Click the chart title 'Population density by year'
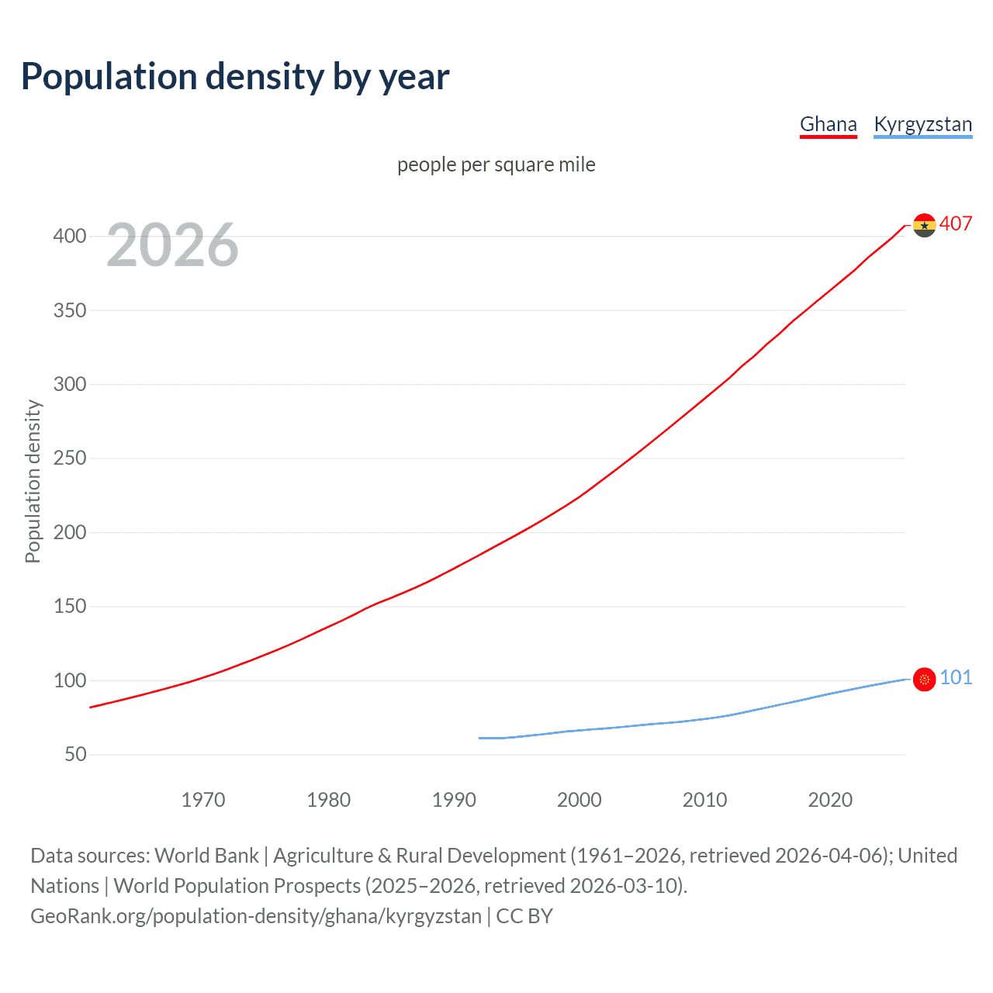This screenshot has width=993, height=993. click(235, 77)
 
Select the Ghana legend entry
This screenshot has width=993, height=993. click(828, 124)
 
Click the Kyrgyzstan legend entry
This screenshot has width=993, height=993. click(922, 124)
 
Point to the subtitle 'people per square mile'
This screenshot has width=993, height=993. click(496, 164)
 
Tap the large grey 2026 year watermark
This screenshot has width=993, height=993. click(172, 245)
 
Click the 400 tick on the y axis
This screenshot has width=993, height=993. click(70, 236)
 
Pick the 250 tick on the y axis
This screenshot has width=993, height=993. click(70, 458)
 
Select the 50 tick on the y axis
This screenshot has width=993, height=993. click(75, 754)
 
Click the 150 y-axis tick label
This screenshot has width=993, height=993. click(70, 606)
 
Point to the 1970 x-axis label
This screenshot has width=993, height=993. click(203, 800)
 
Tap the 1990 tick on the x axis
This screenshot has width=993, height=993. click(454, 800)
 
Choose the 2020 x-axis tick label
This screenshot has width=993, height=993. click(830, 800)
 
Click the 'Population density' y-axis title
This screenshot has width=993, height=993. click(33, 481)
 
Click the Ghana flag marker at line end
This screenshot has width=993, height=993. click(924, 225)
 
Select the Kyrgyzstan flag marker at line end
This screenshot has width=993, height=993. click(924, 680)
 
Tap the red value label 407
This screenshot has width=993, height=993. click(956, 224)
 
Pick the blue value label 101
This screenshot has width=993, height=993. click(956, 678)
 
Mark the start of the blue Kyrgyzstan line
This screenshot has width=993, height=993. click(479, 738)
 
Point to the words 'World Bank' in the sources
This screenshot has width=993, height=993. click(206, 856)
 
